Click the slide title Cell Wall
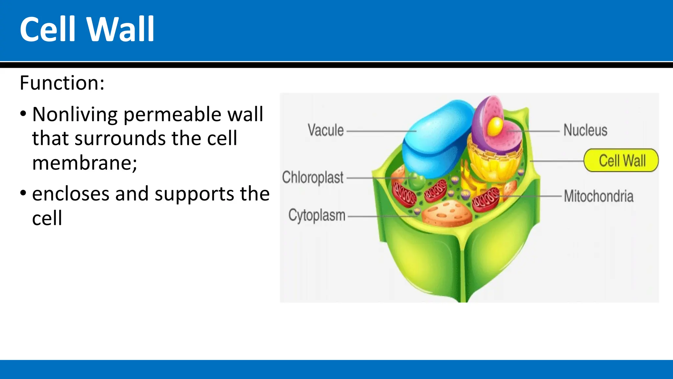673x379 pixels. point(87,29)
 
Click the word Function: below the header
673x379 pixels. point(62,83)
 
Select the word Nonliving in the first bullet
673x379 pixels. point(75,114)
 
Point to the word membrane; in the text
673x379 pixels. point(84,163)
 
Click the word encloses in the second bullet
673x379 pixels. point(71,194)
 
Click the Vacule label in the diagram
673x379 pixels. point(326,130)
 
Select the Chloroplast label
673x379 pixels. point(313,178)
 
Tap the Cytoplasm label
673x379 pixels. point(317,216)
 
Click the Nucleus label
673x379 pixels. point(585,130)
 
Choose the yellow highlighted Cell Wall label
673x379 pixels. point(621,161)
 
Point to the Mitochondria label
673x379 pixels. point(598,196)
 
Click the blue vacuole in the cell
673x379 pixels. point(437,138)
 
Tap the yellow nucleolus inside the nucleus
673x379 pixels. point(495,127)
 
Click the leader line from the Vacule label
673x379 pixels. point(381,131)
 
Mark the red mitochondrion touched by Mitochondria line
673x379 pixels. point(486,199)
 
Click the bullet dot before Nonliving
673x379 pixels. point(23,114)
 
